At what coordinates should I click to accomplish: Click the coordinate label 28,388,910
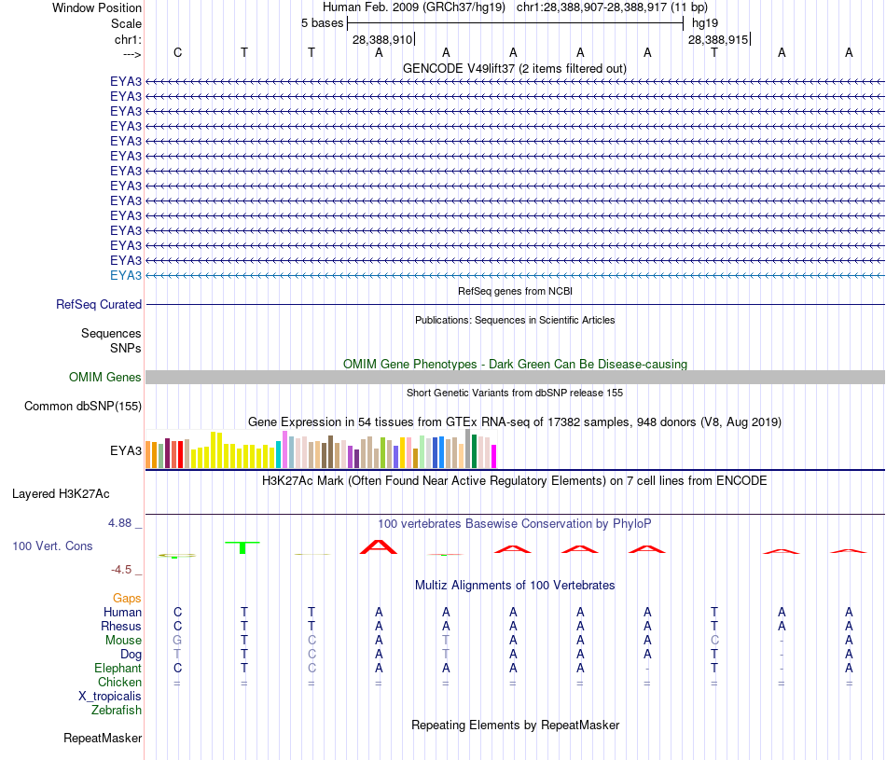click(382, 40)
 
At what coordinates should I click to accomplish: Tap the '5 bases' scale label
click(322, 22)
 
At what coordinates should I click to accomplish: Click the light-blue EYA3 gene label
click(126, 275)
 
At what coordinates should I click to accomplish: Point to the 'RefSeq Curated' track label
click(99, 304)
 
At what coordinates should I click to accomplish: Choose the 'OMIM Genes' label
click(105, 378)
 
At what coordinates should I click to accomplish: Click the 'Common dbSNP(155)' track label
click(83, 406)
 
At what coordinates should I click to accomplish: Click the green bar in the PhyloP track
click(242, 546)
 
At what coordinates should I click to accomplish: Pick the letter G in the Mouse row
click(177, 640)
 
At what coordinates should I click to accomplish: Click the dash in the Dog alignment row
click(782, 654)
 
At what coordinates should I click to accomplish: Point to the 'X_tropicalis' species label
click(110, 696)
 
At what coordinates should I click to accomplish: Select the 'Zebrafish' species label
click(117, 710)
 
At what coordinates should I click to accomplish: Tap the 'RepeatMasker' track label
click(103, 738)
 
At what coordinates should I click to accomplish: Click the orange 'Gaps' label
click(127, 598)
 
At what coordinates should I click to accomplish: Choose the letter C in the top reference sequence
click(177, 52)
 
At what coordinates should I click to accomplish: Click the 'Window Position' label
click(97, 7)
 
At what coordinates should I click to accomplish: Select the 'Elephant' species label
click(118, 668)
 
